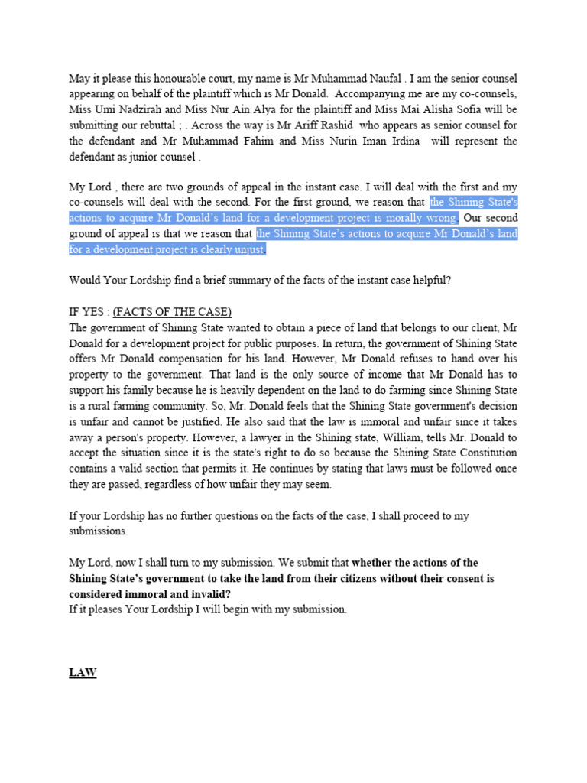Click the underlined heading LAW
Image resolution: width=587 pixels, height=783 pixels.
83,673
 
